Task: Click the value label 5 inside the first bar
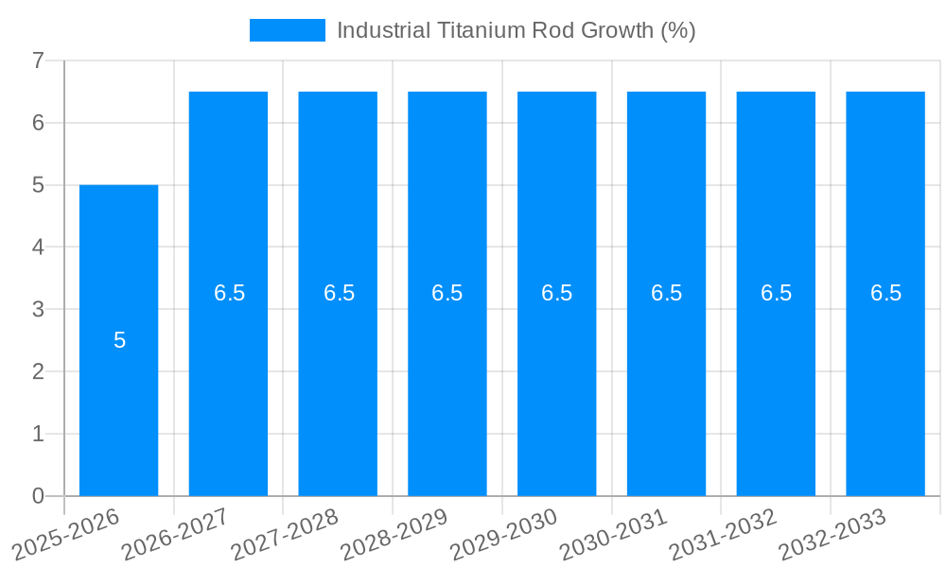(119, 340)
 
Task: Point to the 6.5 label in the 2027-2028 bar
(339, 293)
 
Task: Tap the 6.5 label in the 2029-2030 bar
(556, 293)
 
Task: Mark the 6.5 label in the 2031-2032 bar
(776, 293)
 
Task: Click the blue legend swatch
(287, 30)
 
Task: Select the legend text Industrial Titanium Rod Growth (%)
(516, 30)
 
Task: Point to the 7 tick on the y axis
(38, 60)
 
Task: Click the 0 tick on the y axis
(38, 496)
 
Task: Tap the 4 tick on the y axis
(38, 247)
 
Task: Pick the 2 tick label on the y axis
(38, 371)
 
